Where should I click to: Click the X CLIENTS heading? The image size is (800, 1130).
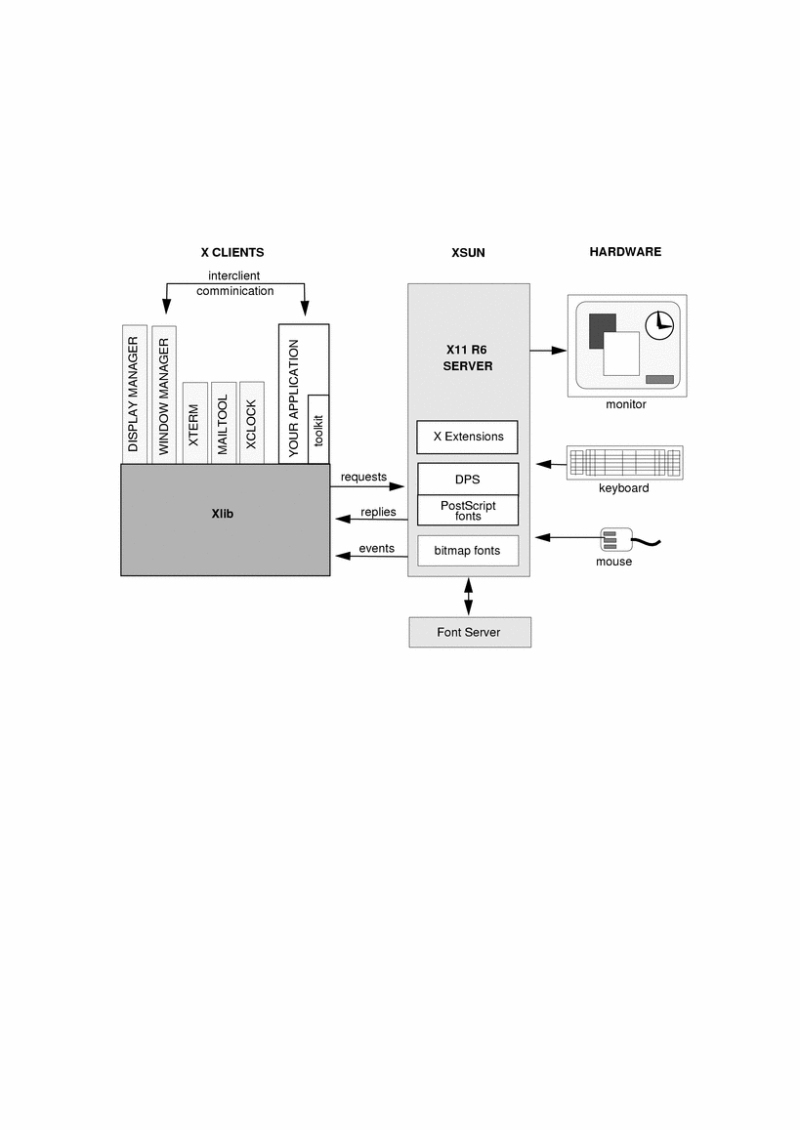pyautogui.click(x=232, y=252)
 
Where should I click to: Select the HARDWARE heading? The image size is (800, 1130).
pyautogui.click(x=625, y=252)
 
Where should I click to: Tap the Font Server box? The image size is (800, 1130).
pyautogui.click(x=469, y=633)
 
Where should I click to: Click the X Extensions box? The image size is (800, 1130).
pyautogui.click(x=467, y=437)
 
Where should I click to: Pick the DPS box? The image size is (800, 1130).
pyautogui.click(x=468, y=480)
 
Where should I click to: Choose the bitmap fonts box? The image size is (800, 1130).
pyautogui.click(x=467, y=551)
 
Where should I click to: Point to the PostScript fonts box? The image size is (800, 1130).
pyautogui.click(x=468, y=511)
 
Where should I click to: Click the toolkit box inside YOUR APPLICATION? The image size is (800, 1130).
pyautogui.click(x=318, y=430)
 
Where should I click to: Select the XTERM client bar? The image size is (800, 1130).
pyautogui.click(x=194, y=423)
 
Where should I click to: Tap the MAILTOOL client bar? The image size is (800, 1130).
pyautogui.click(x=223, y=423)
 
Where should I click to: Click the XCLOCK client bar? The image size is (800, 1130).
pyautogui.click(x=251, y=423)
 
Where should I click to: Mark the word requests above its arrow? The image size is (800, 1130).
pyautogui.click(x=364, y=477)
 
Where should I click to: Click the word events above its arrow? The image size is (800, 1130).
pyautogui.click(x=376, y=548)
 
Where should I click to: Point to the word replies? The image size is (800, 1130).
pyautogui.click(x=378, y=512)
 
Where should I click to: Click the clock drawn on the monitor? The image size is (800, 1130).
pyautogui.click(x=659, y=322)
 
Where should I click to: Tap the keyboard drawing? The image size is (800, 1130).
pyautogui.click(x=624, y=462)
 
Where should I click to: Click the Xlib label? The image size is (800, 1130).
pyautogui.click(x=223, y=514)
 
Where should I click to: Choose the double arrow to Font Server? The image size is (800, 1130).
pyautogui.click(x=470, y=596)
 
